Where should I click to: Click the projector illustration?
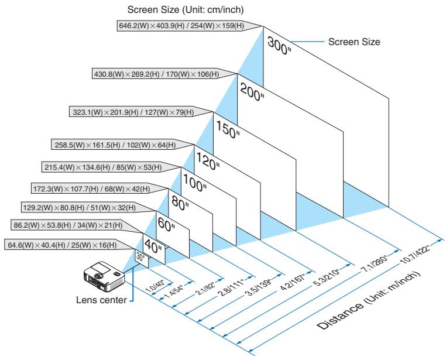[x=104, y=276]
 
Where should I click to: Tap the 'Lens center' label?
[x=101, y=300]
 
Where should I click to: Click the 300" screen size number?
[x=279, y=46]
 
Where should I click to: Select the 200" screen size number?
[x=252, y=92]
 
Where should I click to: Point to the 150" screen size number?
[x=228, y=129]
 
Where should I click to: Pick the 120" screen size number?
[x=208, y=161]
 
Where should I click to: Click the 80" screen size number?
[x=180, y=203]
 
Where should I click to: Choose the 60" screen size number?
[x=166, y=225]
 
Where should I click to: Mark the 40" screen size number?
[x=153, y=246]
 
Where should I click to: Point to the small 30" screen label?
[x=140, y=257]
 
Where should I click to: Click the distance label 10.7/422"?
[x=414, y=253]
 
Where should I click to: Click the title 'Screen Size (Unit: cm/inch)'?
[x=186, y=10]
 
